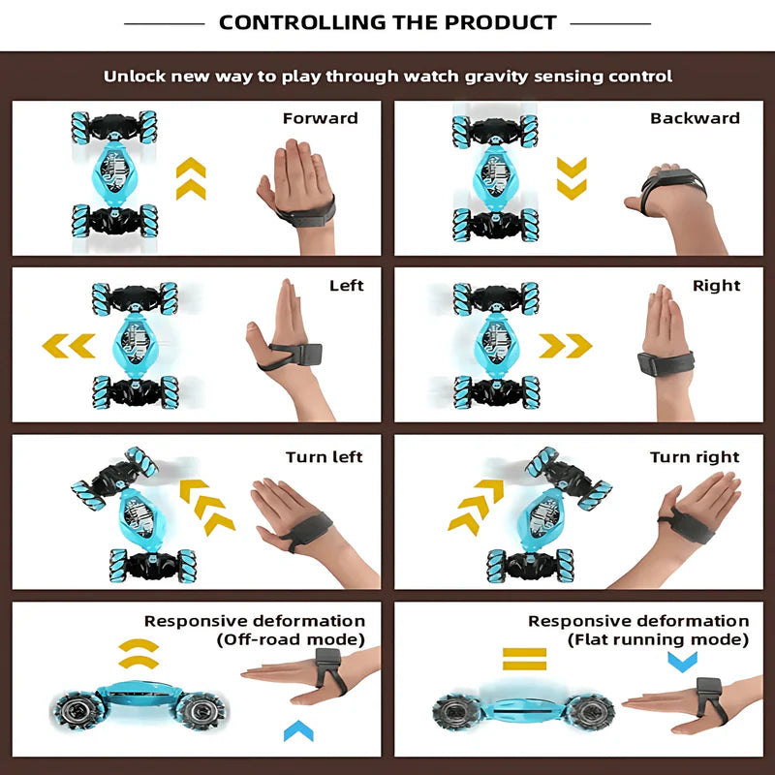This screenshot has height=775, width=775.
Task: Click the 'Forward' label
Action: [x=321, y=118]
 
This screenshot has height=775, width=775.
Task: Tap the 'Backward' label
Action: [x=695, y=118]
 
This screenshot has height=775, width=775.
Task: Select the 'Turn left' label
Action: [x=325, y=457]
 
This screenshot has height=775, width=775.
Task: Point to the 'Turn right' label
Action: [x=695, y=457]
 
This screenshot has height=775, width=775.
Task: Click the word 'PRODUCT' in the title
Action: [x=500, y=22]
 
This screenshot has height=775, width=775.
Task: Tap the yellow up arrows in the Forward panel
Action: [x=191, y=178]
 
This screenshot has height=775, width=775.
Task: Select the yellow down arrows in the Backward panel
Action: [x=572, y=178]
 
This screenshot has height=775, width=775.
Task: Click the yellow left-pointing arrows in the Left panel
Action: [x=69, y=346]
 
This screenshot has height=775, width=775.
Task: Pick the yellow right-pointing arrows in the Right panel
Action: [x=566, y=346]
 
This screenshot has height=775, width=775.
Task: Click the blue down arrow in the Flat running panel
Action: [x=683, y=662]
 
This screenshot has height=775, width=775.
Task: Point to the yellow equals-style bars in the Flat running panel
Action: [x=524, y=659]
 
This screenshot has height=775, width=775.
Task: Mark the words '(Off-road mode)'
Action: [x=291, y=639]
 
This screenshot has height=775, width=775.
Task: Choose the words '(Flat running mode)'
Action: [x=658, y=640]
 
